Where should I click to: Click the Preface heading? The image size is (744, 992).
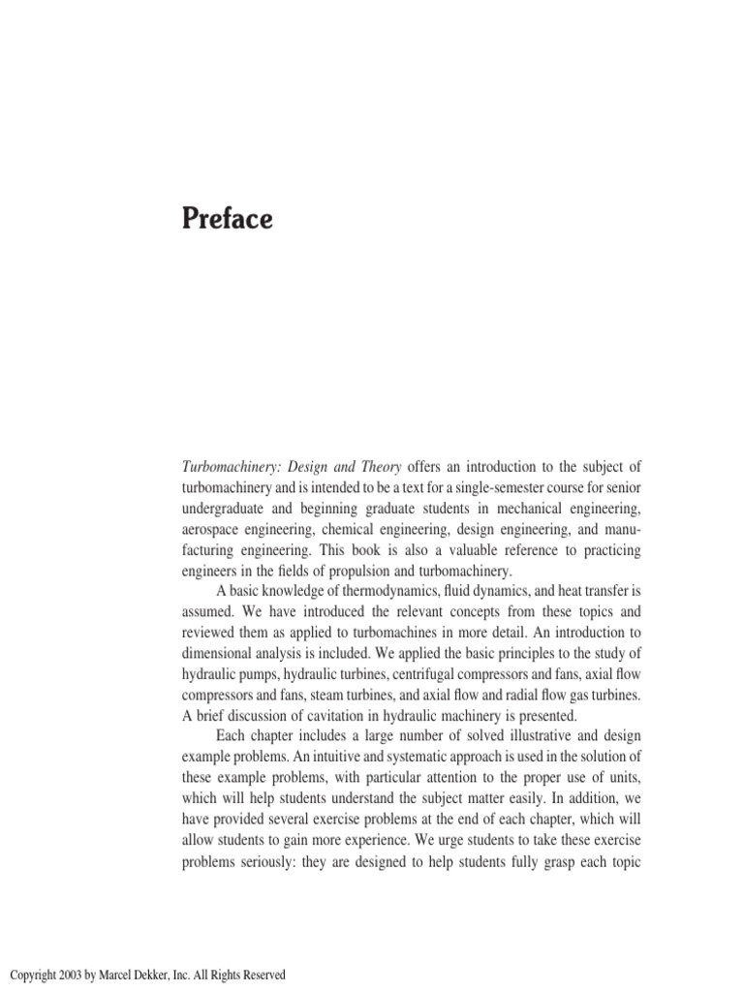point(228,220)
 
